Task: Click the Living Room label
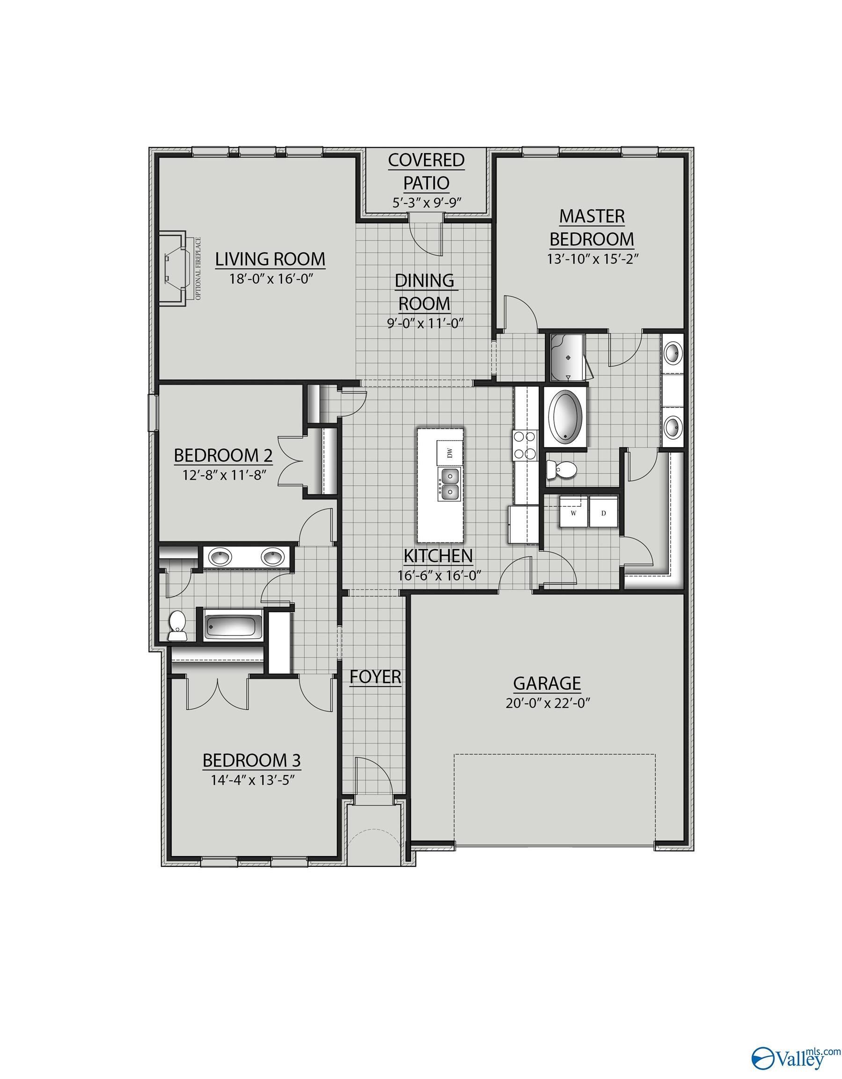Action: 270,259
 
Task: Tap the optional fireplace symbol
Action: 177,269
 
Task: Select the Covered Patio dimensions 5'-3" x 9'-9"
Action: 426,203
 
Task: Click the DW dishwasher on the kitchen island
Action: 449,452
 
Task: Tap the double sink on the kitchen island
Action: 449,484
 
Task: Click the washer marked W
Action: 574,513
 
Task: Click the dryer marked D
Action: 603,513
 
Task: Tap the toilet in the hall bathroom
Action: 176,626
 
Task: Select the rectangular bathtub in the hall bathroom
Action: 234,626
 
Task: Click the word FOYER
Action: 375,676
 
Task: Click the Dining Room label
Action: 425,291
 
